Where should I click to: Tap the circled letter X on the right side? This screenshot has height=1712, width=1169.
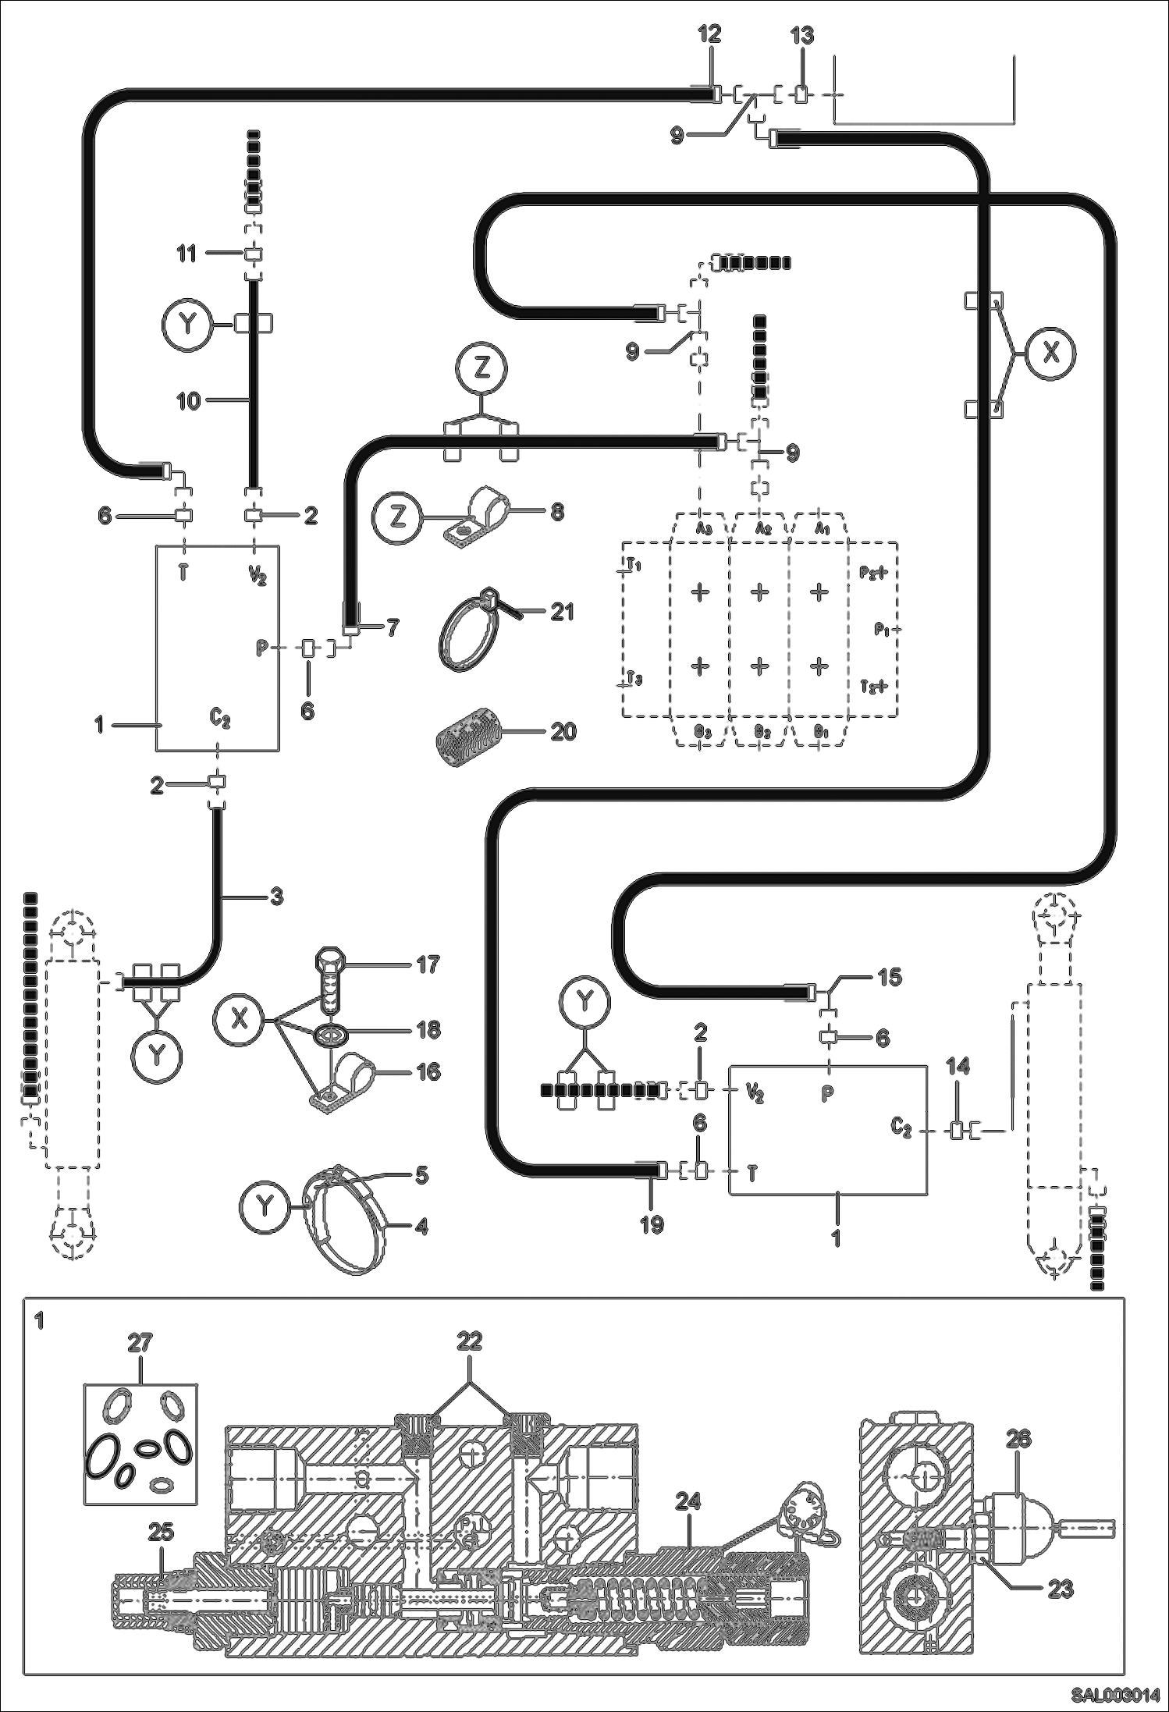pos(1051,354)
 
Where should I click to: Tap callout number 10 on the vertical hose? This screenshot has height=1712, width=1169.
pos(189,401)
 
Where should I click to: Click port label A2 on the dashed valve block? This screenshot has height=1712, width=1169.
pos(759,528)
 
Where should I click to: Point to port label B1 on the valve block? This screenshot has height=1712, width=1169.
pos(819,733)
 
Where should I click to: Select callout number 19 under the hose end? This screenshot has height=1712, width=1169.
pos(652,1224)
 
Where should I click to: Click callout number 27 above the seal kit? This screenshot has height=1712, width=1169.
pos(140,1343)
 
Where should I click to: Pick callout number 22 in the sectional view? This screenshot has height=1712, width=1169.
pos(471,1341)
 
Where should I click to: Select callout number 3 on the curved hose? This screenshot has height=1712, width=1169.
pos(275,897)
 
